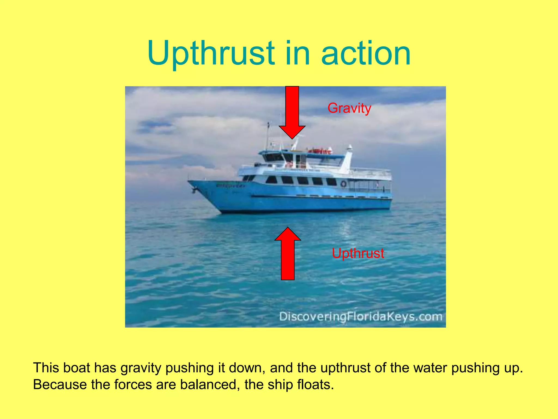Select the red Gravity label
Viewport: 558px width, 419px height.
[349, 108]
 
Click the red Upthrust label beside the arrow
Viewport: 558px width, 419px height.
[358, 253]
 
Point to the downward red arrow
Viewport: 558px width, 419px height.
[292, 112]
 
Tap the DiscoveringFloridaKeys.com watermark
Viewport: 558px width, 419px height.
[360, 317]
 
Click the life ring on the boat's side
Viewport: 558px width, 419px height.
[344, 184]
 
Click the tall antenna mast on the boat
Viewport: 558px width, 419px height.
[268, 136]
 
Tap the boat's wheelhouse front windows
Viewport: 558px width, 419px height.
[274, 157]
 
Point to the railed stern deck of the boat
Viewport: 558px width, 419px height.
[371, 181]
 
